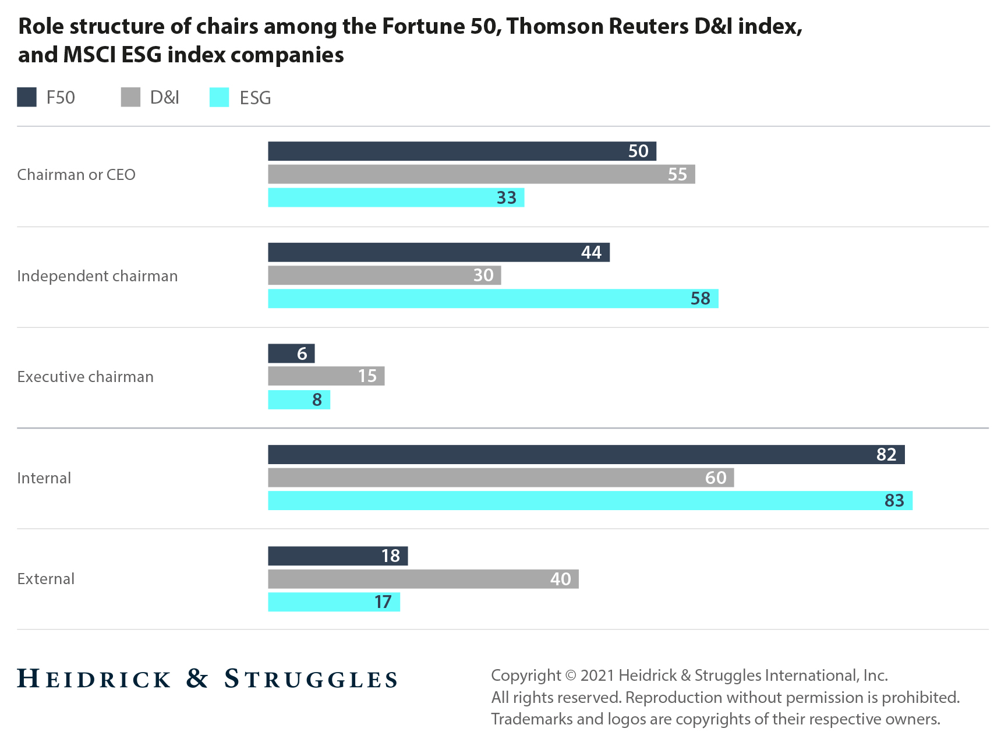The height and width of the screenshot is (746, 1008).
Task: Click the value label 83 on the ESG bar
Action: [x=894, y=501]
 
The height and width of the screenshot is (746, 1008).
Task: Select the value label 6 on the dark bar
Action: [x=302, y=353]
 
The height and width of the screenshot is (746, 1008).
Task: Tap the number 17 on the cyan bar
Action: [x=383, y=602]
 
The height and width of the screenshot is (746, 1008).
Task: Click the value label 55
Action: [x=677, y=174]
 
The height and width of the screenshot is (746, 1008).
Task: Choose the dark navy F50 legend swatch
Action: [x=27, y=97]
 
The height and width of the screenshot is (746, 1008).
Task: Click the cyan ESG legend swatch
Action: [x=220, y=97]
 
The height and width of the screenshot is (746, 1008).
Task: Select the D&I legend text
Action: [x=165, y=97]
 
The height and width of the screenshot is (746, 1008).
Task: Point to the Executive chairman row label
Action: [x=86, y=377]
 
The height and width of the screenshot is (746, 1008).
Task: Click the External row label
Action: [x=46, y=579]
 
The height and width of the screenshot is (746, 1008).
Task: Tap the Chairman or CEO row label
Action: [x=76, y=175]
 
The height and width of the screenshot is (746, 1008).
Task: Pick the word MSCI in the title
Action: [x=90, y=55]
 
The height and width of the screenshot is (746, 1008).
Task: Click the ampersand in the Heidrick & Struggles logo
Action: [x=197, y=678]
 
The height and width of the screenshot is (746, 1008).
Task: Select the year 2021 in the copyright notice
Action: [x=597, y=676]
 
